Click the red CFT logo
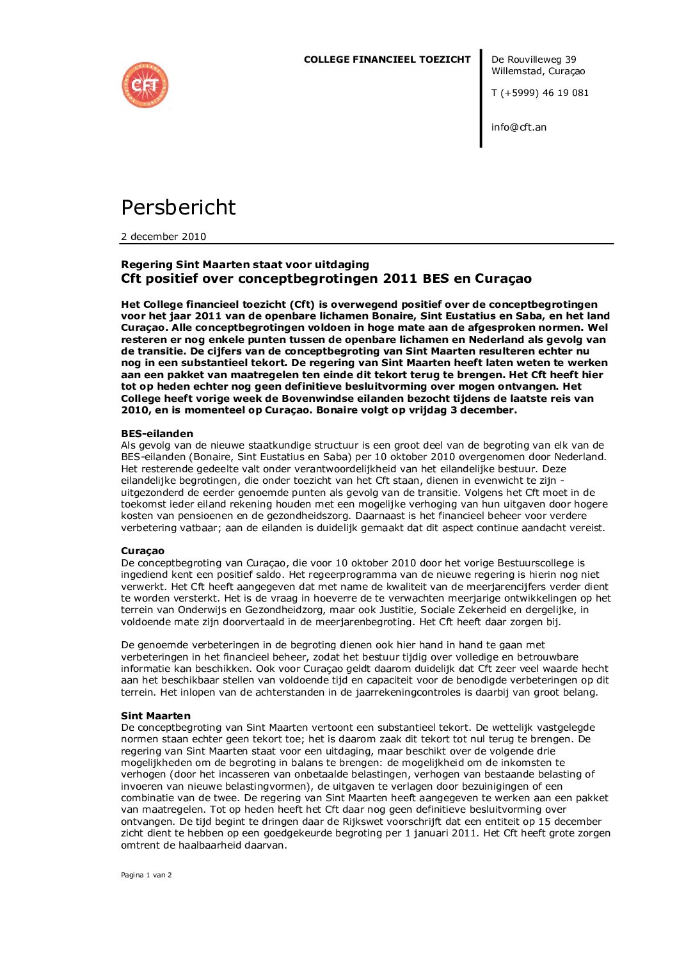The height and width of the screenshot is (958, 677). [145, 85]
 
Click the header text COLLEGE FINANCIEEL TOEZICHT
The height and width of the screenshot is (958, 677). [386, 60]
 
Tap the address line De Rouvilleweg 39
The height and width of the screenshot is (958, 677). [534, 60]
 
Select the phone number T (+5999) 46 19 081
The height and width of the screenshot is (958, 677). [539, 93]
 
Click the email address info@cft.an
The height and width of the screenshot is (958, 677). [518, 127]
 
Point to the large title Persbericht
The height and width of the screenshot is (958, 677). [179, 207]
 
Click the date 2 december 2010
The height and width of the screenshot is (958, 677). [163, 237]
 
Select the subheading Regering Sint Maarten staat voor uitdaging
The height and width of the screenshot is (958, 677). [245, 264]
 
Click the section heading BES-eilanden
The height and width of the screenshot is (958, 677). [157, 433]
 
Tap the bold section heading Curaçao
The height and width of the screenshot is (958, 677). [143, 551]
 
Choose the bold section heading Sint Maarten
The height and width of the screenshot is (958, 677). [155, 716]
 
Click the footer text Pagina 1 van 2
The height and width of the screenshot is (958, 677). [147, 875]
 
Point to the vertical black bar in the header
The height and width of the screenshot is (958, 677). [481, 99]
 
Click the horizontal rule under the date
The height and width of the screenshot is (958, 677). [367, 244]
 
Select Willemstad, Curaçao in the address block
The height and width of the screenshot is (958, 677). [538, 71]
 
